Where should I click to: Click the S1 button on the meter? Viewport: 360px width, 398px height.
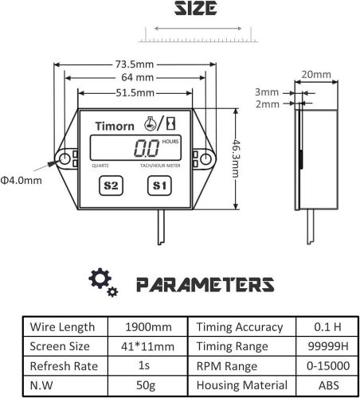[158, 186]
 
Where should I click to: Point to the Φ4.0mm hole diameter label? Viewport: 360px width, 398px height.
[22, 181]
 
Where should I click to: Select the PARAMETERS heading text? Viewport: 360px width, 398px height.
[202, 283]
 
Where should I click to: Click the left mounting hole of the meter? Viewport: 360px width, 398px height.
[63, 160]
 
